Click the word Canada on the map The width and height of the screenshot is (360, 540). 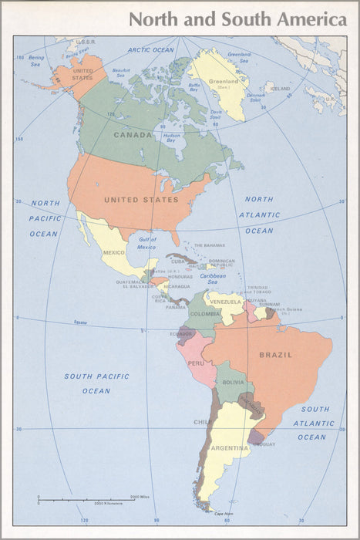pos(133,135)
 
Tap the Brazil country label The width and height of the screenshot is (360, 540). pos(275,355)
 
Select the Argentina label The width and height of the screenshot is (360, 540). pos(230,448)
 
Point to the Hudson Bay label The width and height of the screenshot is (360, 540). pos(172,138)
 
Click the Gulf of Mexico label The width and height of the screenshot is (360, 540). pos(146,244)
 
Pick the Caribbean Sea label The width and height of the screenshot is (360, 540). pos(213,278)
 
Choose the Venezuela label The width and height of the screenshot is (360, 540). pos(226,302)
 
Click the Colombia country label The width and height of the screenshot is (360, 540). pos(205,314)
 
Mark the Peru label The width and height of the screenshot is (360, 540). pos(197,363)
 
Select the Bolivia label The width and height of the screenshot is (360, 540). pos(233,383)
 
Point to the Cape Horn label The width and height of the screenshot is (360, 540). pos(224,514)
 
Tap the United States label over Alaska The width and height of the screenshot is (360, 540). pos(82,74)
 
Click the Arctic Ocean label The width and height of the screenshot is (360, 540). pos(151,50)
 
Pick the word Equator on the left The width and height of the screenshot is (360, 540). pos(80,322)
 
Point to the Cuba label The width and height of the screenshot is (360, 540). pos(179,261)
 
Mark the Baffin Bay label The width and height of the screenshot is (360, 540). pos(194,88)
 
